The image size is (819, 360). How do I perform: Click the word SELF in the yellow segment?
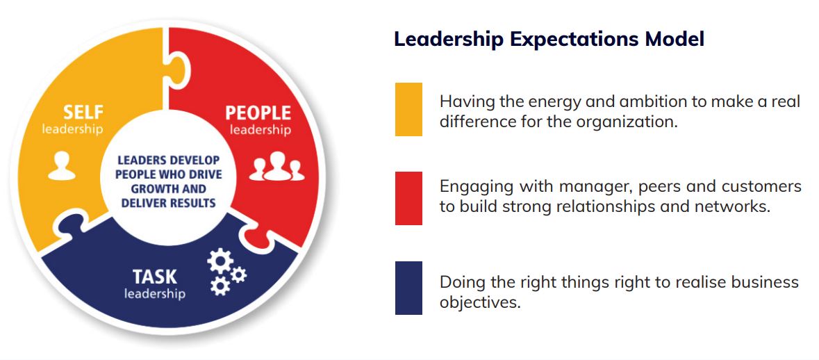(83, 113)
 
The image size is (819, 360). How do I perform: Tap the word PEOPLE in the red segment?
(258, 113)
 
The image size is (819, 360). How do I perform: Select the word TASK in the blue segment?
(155, 277)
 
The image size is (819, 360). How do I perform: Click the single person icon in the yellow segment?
(62, 166)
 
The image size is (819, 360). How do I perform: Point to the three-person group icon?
(276, 167)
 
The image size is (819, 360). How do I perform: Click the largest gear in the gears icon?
(220, 261)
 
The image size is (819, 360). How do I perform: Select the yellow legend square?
(408, 109)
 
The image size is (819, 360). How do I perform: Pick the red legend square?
(408, 198)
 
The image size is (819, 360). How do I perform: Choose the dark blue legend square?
(408, 288)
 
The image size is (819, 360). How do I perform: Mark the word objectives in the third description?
(480, 302)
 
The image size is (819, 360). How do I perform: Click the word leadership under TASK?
(155, 294)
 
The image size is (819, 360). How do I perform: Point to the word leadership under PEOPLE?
(260, 129)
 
